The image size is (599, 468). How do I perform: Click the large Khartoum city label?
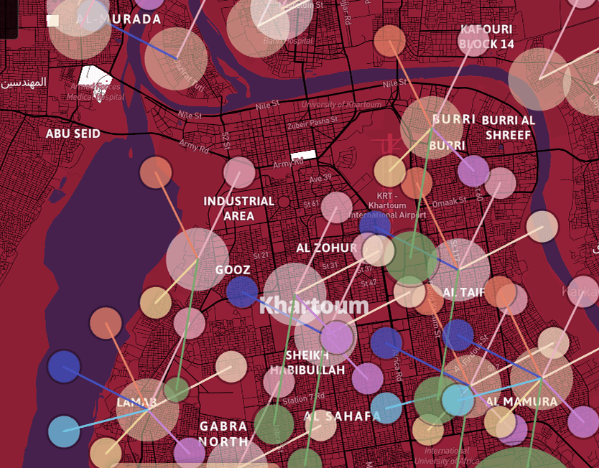coord(314,306)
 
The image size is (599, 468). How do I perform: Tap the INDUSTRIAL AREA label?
coord(238,208)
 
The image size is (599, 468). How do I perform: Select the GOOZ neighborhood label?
coord(233,270)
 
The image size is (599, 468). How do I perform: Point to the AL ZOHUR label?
coord(326,248)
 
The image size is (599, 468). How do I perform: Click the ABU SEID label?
coord(73,134)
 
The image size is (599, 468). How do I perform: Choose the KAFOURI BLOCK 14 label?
coord(486,37)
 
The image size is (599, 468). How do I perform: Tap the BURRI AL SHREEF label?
coord(509,127)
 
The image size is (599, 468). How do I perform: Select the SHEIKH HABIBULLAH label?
coord(307,362)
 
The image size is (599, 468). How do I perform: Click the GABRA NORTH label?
coord(223,434)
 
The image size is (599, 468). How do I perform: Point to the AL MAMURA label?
coord(521,401)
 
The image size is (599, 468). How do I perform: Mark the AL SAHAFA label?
coord(342,416)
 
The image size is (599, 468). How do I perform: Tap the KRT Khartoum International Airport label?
coord(387,205)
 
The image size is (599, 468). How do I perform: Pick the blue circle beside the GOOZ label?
coord(242,291)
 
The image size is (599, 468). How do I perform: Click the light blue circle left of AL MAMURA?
coord(457,399)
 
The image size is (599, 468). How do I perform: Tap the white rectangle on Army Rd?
coord(302,154)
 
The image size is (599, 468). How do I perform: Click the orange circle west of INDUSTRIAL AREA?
coord(156,172)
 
